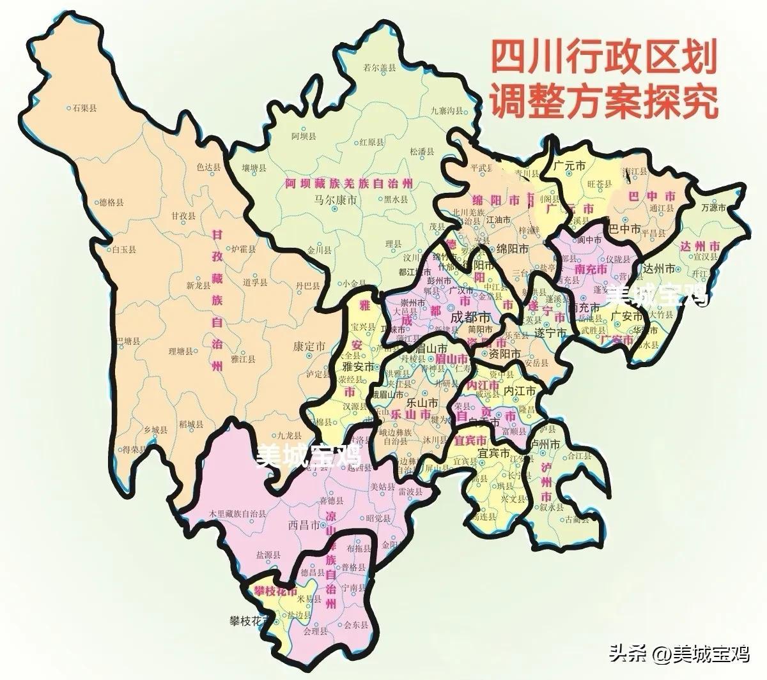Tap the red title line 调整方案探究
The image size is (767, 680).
point(603,102)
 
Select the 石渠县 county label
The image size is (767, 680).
point(84,108)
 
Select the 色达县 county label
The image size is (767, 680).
point(208,167)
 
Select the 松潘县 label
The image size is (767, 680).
point(422,152)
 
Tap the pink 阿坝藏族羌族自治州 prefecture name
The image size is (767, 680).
point(348,183)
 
